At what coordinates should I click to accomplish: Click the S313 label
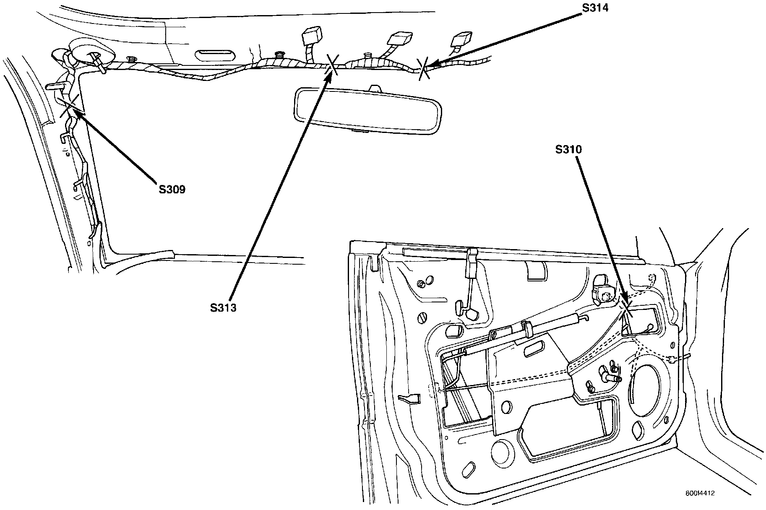coord(223,308)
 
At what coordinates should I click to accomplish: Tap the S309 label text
coord(172,190)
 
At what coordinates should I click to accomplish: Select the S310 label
coord(569,150)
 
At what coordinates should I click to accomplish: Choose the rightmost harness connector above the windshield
coord(461,40)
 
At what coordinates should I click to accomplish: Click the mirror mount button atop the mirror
coord(375,89)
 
